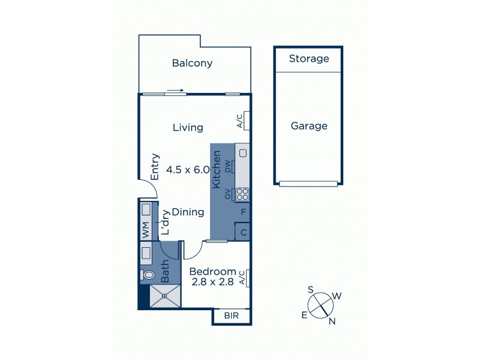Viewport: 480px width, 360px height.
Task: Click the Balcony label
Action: pyautogui.click(x=192, y=63)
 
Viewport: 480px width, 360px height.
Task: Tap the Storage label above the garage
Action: pyautogui.click(x=309, y=59)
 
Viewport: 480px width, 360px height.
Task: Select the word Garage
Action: pyautogui.click(x=309, y=126)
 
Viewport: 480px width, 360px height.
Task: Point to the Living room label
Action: pyautogui.click(x=188, y=127)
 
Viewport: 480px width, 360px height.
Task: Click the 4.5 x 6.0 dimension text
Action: pyautogui.click(x=188, y=170)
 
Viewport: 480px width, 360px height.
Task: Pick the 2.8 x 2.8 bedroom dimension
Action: pyautogui.click(x=211, y=282)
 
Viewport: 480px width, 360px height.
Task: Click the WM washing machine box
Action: pyautogui.click(x=145, y=229)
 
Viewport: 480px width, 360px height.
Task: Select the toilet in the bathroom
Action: pyautogui.click(x=149, y=275)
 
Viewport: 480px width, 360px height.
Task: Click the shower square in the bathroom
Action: pyautogui.click(x=164, y=296)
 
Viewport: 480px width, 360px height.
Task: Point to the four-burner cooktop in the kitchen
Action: pyautogui.click(x=242, y=194)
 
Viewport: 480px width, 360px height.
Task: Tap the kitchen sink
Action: pyautogui.click(x=242, y=153)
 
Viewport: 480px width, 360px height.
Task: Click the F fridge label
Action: pyautogui.click(x=243, y=212)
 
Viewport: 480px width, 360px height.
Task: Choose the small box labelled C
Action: pyautogui.click(x=243, y=232)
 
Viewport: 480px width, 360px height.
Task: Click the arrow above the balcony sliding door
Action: pyautogui.click(x=175, y=91)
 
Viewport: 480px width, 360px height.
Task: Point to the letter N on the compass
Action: pyautogui.click(x=332, y=322)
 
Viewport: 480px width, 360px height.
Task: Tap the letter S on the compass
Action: pyautogui.click(x=311, y=290)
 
